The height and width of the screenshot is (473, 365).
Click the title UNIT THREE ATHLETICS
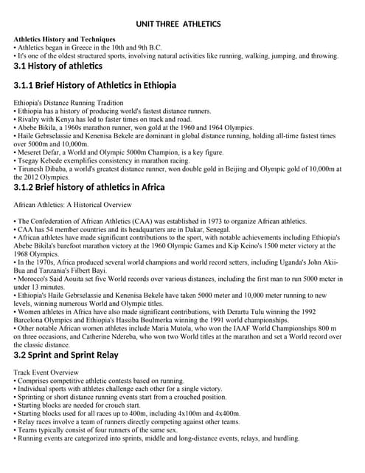178,24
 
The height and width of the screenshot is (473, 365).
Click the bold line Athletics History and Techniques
64,39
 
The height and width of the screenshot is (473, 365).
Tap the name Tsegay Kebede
40,160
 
